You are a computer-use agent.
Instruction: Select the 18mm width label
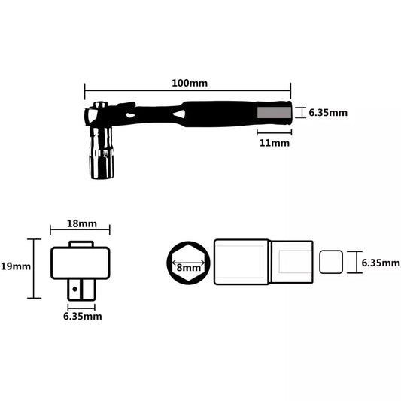pyautogui.click(x=81, y=224)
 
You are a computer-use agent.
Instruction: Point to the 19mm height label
pyautogui.click(x=15, y=266)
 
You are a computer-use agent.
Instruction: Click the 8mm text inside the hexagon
pyautogui.click(x=188, y=267)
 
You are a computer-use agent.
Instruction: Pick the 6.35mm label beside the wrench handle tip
pyautogui.click(x=328, y=113)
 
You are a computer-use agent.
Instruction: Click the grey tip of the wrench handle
pyautogui.click(x=273, y=112)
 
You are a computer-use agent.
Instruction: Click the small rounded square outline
pyautogui.click(x=331, y=263)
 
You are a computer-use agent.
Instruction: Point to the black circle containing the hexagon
pyautogui.click(x=187, y=263)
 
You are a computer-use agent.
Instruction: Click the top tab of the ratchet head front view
pyautogui.click(x=81, y=244)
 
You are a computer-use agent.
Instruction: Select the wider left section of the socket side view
pyautogui.click(x=241, y=263)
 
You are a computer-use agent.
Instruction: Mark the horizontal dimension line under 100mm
pyautogui.click(x=186, y=88)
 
